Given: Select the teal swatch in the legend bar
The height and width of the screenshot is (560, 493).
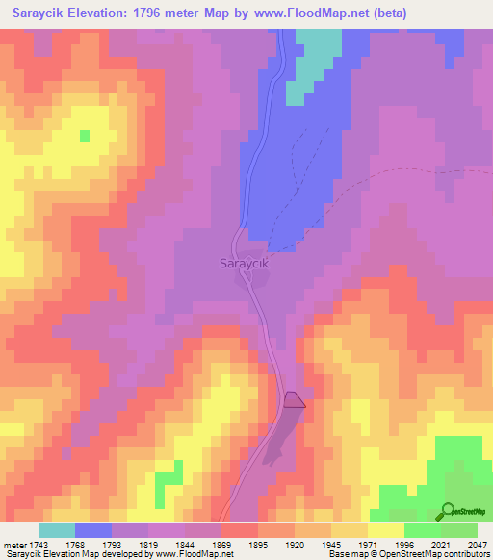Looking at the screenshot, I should tap(57, 530).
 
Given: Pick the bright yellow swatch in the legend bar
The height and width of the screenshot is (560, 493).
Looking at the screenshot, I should tap(386, 530).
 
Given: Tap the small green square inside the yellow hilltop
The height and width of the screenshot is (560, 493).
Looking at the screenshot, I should tap(85, 136).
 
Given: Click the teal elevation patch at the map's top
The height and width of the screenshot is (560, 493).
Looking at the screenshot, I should tap(318, 53).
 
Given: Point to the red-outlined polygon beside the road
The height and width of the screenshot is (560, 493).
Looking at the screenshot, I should tap(296, 400).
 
